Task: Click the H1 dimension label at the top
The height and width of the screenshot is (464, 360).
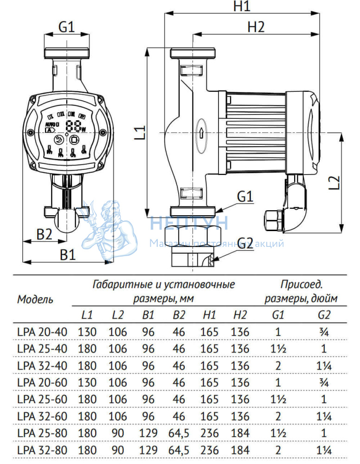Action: click(241, 6)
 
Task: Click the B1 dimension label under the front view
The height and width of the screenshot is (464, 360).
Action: click(68, 254)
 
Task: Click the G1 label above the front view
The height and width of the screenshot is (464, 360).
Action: click(66, 27)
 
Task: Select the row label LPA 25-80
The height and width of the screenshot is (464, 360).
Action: click(42, 433)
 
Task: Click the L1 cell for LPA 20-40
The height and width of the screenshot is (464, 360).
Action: click(87, 332)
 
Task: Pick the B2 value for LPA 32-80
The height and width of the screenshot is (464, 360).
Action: click(179, 450)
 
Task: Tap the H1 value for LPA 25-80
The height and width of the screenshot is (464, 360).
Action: click(210, 433)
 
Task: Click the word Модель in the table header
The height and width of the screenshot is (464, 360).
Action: click(35, 299)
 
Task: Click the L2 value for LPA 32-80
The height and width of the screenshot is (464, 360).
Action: click(118, 450)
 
